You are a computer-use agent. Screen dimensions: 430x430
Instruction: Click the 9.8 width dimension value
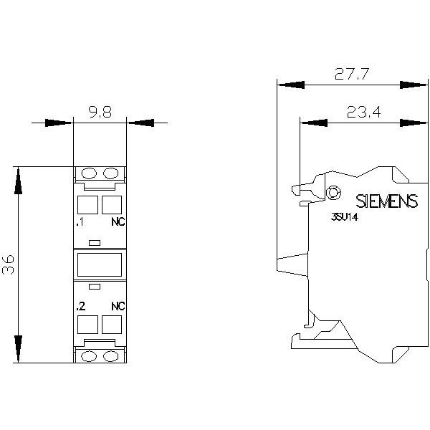pyautogui.click(x=100, y=113)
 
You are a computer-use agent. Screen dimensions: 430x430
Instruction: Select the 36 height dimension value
pyautogui.click(x=8, y=264)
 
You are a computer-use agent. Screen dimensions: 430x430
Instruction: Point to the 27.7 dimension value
pyautogui.click(x=352, y=74)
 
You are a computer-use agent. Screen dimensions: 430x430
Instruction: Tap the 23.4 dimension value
pyautogui.click(x=363, y=112)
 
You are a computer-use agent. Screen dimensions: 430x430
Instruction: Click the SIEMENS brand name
pyautogui.click(x=387, y=201)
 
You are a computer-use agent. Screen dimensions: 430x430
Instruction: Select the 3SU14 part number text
pyautogui.click(x=345, y=217)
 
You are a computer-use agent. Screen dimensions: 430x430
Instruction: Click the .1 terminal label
pyautogui.click(x=80, y=222)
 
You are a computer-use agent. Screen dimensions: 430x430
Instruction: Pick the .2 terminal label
pyautogui.click(x=81, y=306)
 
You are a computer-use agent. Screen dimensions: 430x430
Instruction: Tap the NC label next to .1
pyautogui.click(x=118, y=222)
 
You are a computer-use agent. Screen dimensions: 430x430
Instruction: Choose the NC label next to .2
pyautogui.click(x=118, y=306)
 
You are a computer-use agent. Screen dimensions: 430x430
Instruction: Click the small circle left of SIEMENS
pyautogui.click(x=333, y=193)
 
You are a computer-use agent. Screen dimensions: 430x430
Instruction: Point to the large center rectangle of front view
pyautogui.click(x=100, y=264)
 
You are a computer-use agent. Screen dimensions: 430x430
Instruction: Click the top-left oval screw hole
pyautogui.click(x=89, y=173)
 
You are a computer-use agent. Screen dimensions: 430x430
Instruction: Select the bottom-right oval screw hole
pyautogui.click(x=111, y=356)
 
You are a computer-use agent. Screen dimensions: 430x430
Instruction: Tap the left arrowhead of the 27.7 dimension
pyautogui.click(x=291, y=85)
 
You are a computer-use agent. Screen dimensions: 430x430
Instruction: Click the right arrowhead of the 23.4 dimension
pyautogui.click(x=414, y=123)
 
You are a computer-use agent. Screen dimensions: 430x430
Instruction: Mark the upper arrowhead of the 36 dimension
pyautogui.click(x=18, y=181)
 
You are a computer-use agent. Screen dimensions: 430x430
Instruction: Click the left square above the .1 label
pyautogui.click(x=87, y=205)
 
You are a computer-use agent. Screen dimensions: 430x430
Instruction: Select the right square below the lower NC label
pyautogui.click(x=112, y=325)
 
